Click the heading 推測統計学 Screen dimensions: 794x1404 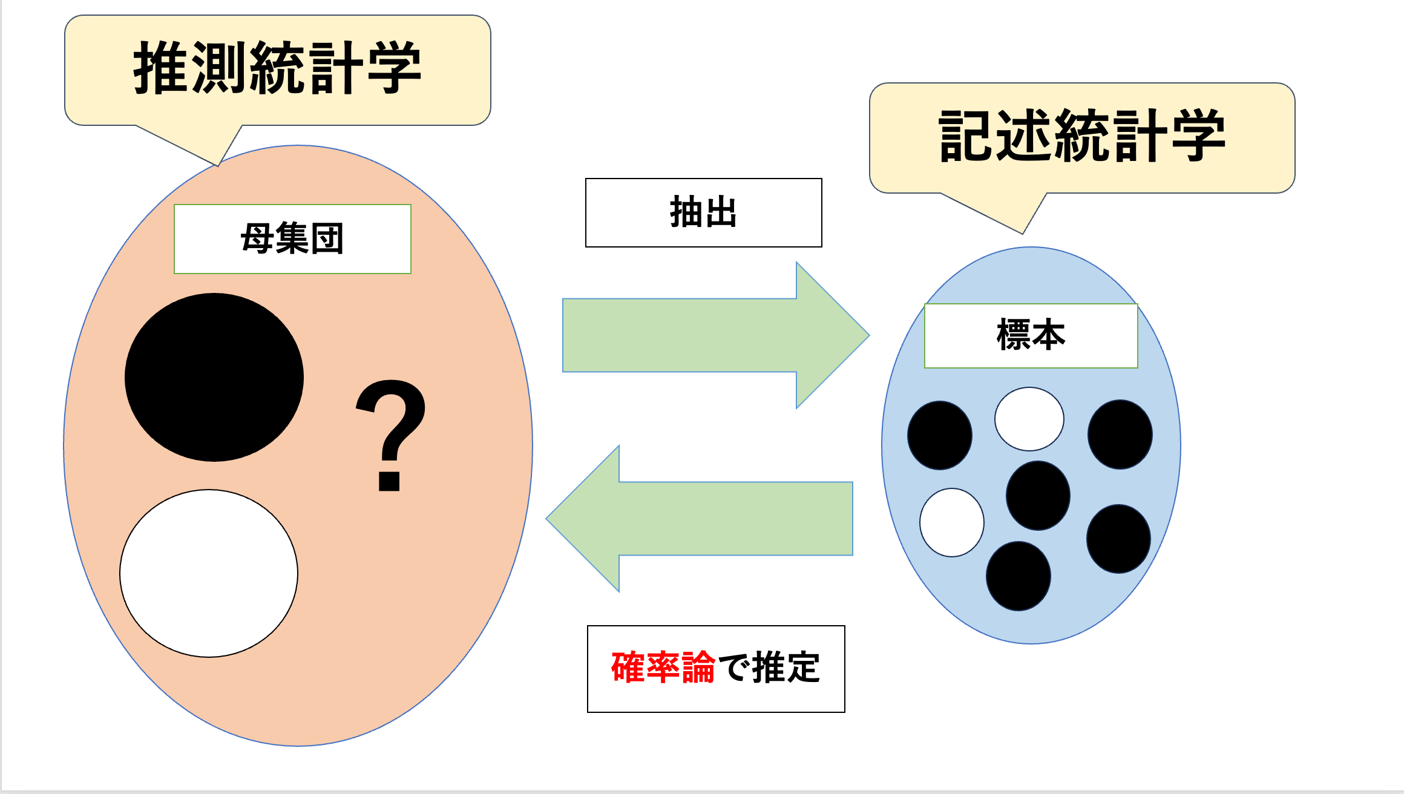(x=277, y=68)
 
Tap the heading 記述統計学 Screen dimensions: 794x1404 (x=1081, y=136)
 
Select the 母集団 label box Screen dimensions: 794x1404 (x=292, y=239)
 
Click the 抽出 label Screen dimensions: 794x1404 (x=703, y=212)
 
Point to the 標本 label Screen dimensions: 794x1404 (x=1031, y=335)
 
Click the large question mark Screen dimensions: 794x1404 (x=391, y=435)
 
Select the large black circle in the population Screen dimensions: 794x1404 (x=214, y=377)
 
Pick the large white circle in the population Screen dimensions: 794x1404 (x=209, y=573)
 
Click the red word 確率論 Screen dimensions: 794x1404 (x=663, y=668)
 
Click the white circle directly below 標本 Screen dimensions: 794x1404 (x=1029, y=419)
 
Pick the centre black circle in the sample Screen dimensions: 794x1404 (x=1038, y=496)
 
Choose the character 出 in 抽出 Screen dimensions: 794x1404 (x=720, y=212)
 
